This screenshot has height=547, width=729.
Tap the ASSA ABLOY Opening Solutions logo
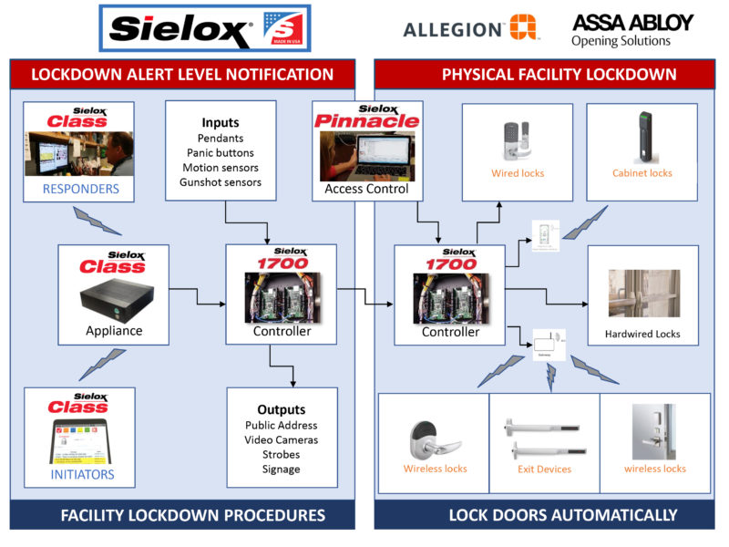click(632, 29)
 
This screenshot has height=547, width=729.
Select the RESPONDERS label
click(81, 190)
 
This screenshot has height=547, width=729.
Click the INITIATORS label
click(81, 474)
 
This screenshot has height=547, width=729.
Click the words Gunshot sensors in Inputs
click(220, 182)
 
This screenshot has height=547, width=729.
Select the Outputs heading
click(281, 409)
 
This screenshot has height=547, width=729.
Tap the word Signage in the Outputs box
click(281, 469)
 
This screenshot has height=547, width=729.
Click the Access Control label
click(365, 190)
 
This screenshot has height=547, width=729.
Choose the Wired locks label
click(518, 173)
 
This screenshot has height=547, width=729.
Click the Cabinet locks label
click(642, 173)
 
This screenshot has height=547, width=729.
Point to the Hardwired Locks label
click(642, 334)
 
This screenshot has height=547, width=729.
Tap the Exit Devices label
click(544, 470)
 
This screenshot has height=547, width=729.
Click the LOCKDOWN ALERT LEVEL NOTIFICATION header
click(182, 74)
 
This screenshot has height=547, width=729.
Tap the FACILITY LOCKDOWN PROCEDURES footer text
click(192, 515)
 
